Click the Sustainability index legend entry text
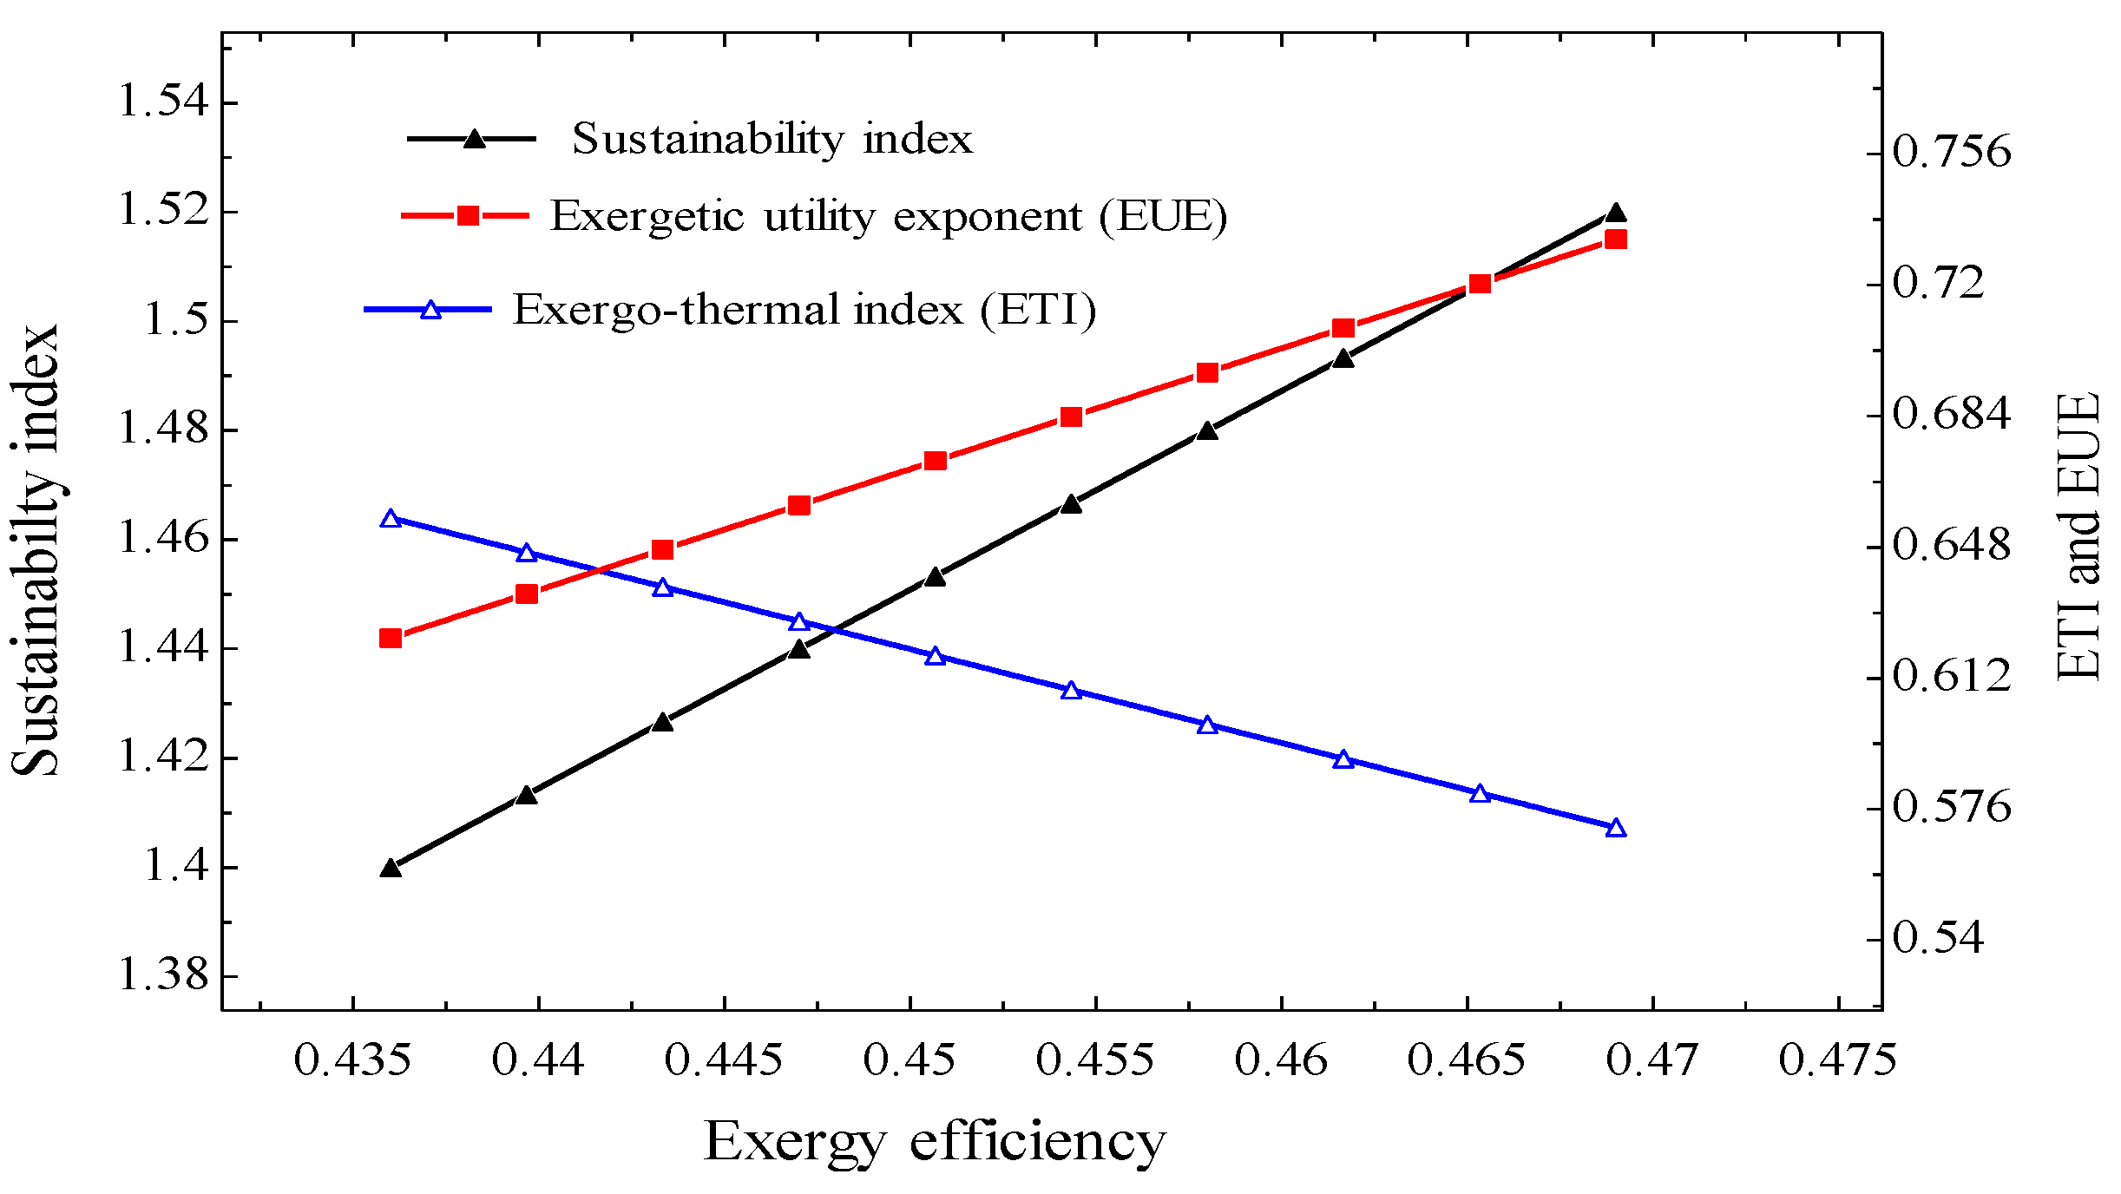(772, 140)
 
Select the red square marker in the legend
(468, 215)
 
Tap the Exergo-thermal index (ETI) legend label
(804, 310)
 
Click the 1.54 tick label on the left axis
(163, 102)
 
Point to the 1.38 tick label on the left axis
(163, 974)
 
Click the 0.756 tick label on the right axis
(1951, 151)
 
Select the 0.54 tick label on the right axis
(1938, 937)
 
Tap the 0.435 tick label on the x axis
(351, 1060)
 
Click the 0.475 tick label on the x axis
(1837, 1060)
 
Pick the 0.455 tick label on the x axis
(1094, 1060)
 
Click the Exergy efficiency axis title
(934, 1142)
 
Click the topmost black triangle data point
(1615, 213)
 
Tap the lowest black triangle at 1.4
(391, 867)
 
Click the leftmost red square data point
(391, 639)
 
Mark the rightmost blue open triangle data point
(1615, 828)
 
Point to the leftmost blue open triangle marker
(391, 519)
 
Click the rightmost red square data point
(1615, 239)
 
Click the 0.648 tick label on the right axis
(1951, 545)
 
